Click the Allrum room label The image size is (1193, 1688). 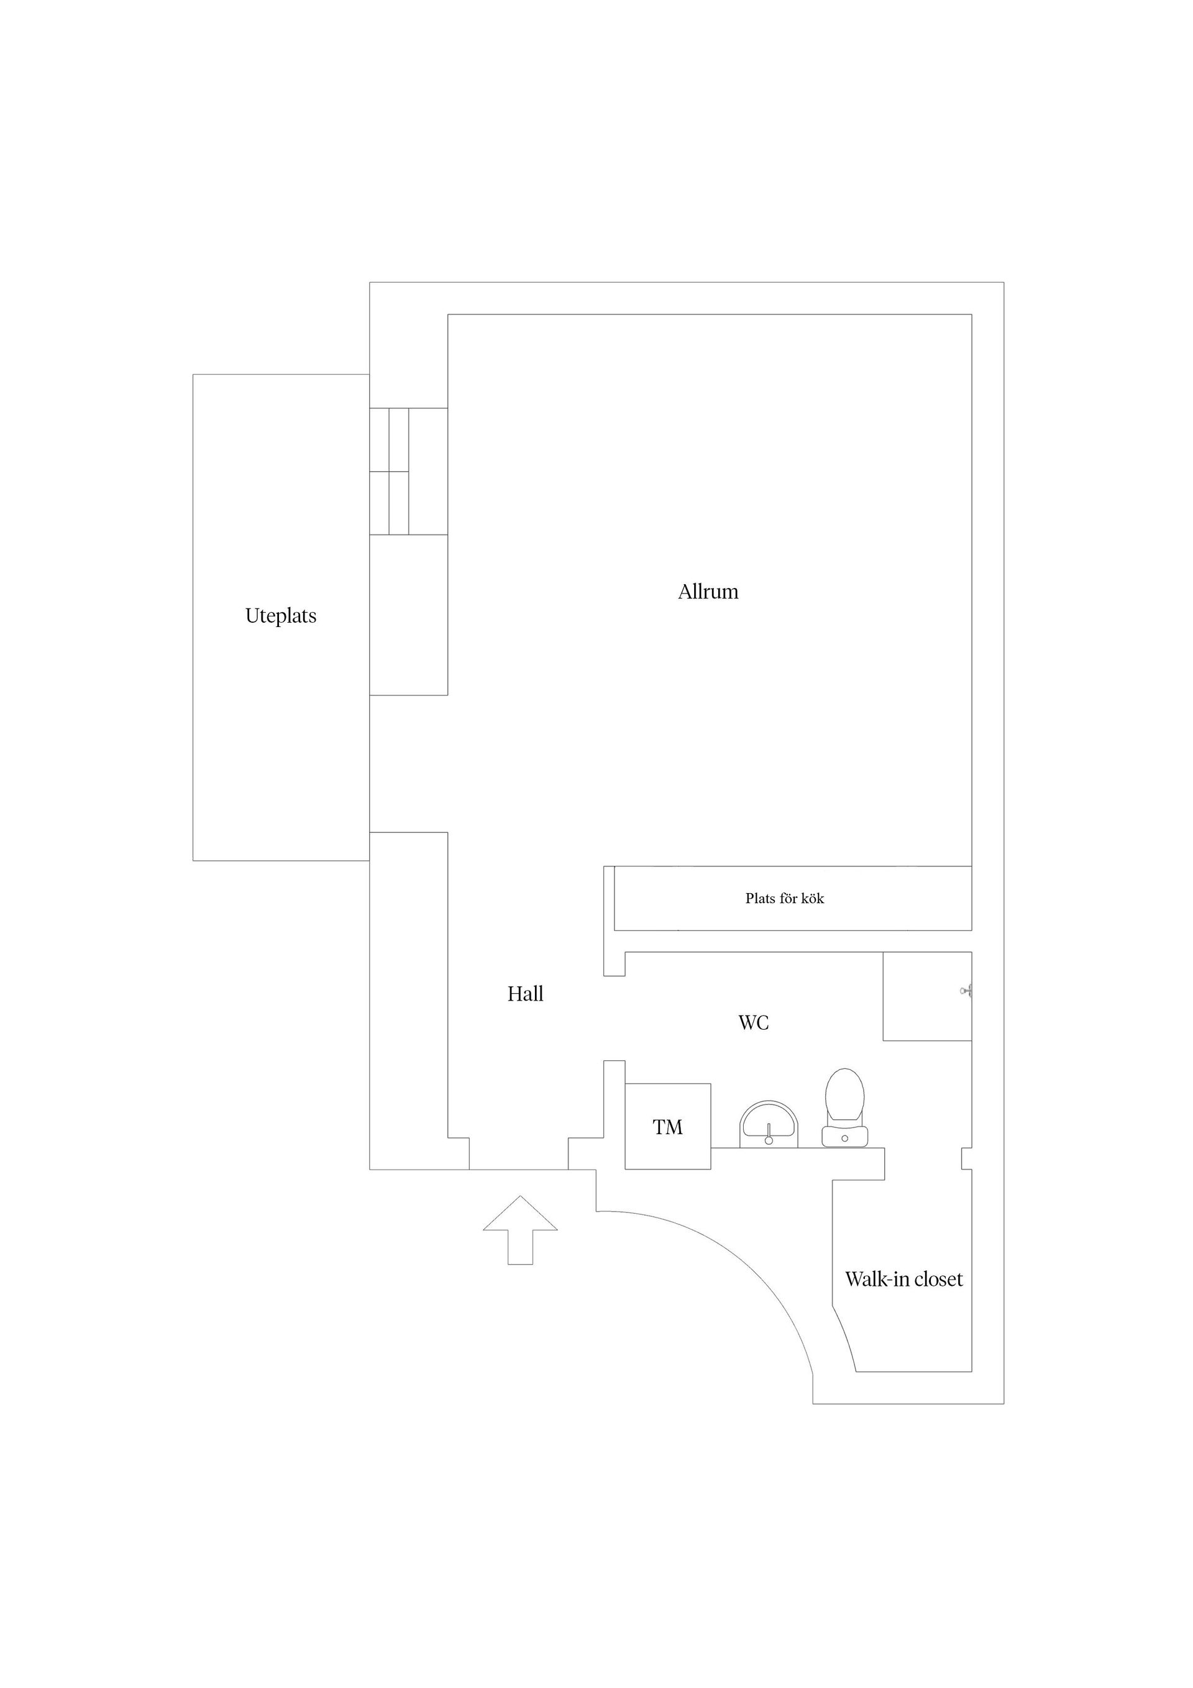pos(708,592)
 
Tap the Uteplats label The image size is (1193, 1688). pos(281,616)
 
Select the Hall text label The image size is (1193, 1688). pos(526,994)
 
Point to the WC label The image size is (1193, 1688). pos(754,1022)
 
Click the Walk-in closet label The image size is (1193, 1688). pos(903,1279)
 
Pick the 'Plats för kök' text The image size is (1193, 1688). pos(784,899)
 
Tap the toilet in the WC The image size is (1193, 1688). pos(844,1107)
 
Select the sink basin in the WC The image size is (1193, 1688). pos(768,1124)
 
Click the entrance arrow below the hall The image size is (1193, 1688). pos(521,1230)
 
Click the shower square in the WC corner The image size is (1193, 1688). pos(927,996)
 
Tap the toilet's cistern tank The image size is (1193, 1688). pos(844,1136)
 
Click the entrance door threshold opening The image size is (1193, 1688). pos(518,1169)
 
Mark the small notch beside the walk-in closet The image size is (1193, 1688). pos(967,1158)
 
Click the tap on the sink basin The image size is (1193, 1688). pos(768,1134)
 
